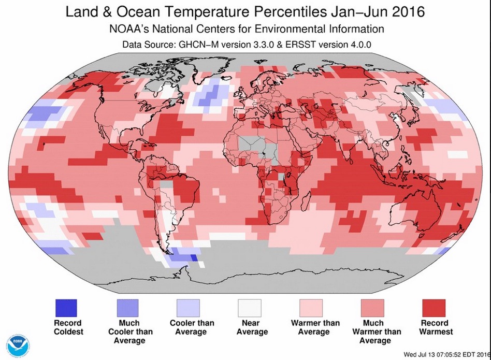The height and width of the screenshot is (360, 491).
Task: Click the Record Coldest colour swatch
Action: coord(66,307)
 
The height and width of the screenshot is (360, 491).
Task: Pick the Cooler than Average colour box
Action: coord(189,307)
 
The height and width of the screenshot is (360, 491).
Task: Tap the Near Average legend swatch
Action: coord(250,307)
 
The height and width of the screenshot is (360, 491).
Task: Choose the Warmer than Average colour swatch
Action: coord(311,307)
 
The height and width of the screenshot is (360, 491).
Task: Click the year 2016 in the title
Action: coord(408,11)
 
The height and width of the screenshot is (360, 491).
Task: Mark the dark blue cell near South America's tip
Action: coord(194,257)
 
